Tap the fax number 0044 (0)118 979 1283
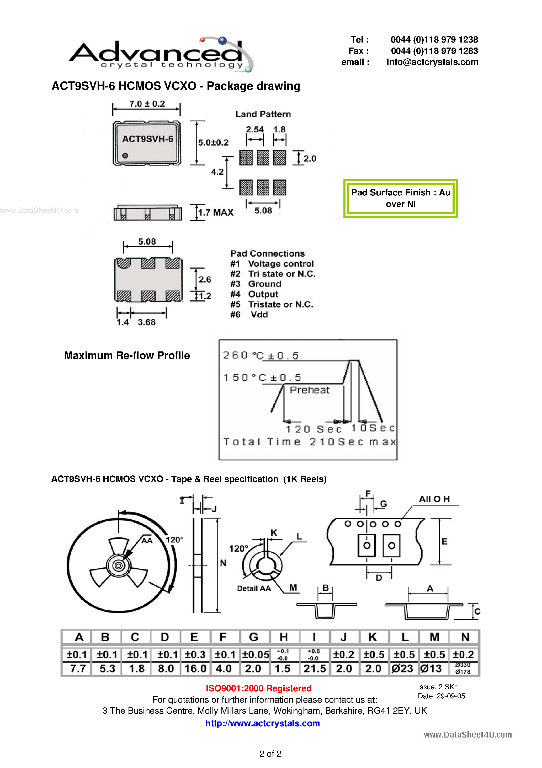point(434,51)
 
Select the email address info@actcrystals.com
point(432,62)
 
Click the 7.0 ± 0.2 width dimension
point(147,104)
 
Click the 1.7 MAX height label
point(216,212)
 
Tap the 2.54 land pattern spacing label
point(255,129)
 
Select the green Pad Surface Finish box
point(400,198)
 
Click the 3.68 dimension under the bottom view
point(146,322)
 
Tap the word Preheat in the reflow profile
point(309,390)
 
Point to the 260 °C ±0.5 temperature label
point(261,355)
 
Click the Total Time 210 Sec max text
point(309,442)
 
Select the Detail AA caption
point(254,588)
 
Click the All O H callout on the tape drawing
point(434,499)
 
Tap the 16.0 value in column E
point(195,669)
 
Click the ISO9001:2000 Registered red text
point(258,688)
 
